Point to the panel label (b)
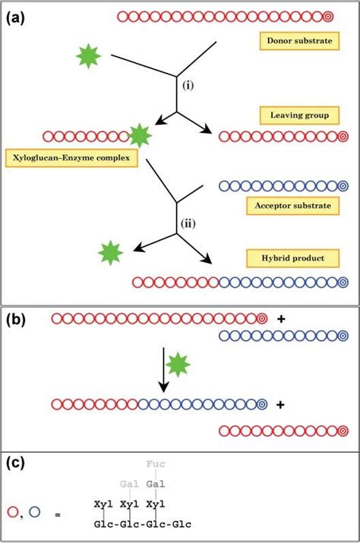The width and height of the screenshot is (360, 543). pyautogui.click(x=16, y=320)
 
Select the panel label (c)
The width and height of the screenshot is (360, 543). pyautogui.click(x=16, y=462)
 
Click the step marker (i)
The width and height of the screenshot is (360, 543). pyautogui.click(x=186, y=86)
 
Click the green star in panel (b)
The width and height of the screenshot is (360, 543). pyautogui.click(x=178, y=365)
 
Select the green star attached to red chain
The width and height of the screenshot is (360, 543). pyautogui.click(x=139, y=137)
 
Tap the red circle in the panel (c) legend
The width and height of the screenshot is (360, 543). pyautogui.click(x=13, y=510)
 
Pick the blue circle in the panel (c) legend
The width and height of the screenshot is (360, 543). pyautogui.click(x=35, y=510)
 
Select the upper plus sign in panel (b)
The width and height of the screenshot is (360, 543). pyautogui.click(x=282, y=319)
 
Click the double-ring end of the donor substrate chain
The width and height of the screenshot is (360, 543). pyautogui.click(x=327, y=15)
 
